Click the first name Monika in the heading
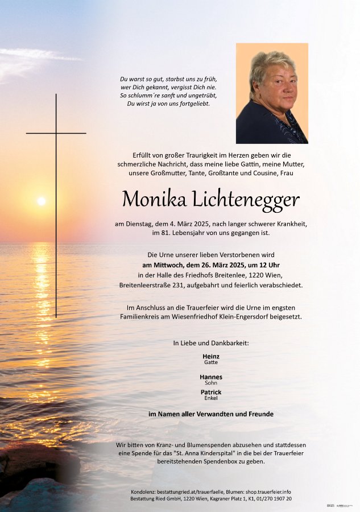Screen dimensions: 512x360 point(147,199)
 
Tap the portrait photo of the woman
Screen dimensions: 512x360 point(272,93)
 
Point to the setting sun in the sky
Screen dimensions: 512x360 point(41,201)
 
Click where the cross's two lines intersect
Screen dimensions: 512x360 point(56,133)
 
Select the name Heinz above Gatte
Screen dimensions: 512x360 point(211,356)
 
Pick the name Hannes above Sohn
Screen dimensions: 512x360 point(211,377)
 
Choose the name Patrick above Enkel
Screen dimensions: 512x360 point(211,392)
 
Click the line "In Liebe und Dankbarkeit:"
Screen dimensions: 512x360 point(211,343)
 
